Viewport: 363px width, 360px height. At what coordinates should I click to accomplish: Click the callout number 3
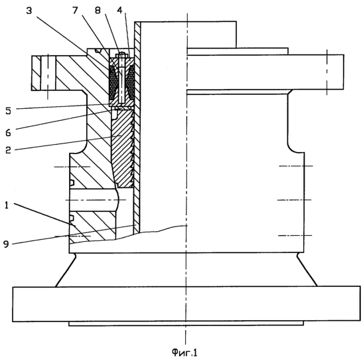coord(29,11)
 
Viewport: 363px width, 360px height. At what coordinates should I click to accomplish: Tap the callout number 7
coord(75,11)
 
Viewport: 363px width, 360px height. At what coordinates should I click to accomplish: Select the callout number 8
coord(98,11)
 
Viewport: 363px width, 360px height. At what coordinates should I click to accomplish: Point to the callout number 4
coord(119,11)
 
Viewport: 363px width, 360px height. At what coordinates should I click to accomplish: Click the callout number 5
coord(9,111)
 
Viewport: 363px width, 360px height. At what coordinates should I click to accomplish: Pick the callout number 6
coord(9,133)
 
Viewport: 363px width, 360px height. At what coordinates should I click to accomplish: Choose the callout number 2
coord(9,150)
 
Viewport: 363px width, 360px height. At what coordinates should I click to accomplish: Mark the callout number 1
coord(7,205)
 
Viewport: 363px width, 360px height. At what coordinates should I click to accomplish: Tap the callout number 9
coord(6,244)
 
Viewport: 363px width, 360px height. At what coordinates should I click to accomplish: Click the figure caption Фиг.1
coord(184,352)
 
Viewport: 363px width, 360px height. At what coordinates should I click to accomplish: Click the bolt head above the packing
coord(121,56)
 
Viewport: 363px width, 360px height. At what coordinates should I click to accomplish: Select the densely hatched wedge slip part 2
coord(122,148)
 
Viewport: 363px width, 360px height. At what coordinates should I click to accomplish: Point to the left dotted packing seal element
coord(113,82)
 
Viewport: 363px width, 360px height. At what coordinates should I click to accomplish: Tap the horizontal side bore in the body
coord(93,200)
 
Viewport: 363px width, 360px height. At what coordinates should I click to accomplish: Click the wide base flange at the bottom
coord(186,304)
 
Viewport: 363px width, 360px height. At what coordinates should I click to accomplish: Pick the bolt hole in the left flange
coord(48,73)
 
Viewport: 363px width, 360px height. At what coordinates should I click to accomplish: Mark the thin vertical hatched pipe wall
coord(137,127)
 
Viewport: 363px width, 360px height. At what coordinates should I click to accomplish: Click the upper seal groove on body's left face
coord(72,183)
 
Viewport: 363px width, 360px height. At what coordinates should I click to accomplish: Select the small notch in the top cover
coord(99,50)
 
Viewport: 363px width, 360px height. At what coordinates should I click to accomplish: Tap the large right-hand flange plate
coord(265,72)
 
